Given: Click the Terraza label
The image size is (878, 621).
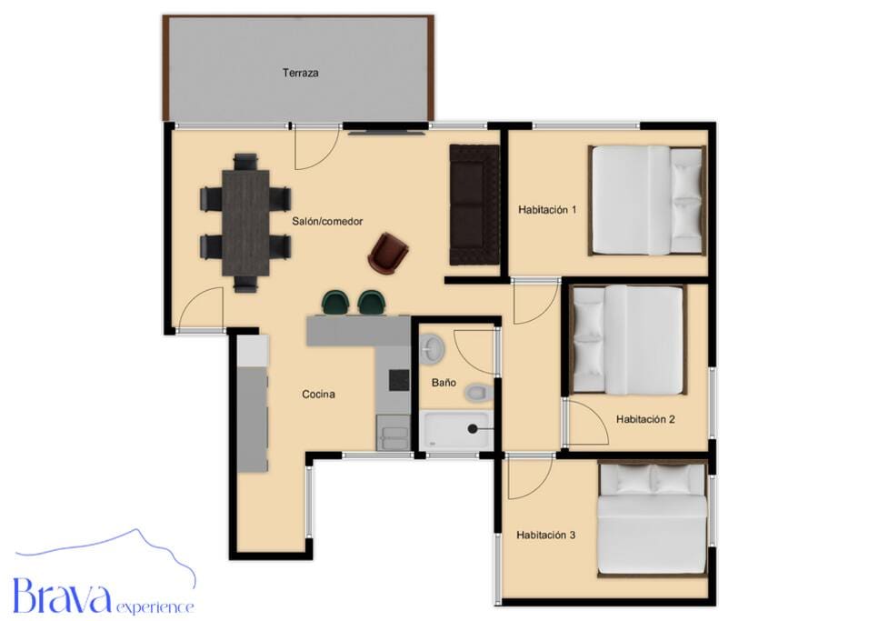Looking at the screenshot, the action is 301,73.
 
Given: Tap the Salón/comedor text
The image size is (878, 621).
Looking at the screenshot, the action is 327,221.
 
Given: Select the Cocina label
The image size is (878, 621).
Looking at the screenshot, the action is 319,395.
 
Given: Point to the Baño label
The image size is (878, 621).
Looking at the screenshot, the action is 444,383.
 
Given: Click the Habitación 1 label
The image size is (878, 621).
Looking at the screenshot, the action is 547,210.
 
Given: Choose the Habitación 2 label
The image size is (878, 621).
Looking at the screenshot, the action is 645,419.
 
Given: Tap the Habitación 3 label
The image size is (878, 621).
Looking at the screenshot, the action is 546,535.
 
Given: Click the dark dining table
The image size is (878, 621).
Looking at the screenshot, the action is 245,223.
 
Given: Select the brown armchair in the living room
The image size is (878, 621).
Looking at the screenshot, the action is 387,255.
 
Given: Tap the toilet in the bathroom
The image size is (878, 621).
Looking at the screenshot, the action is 479,392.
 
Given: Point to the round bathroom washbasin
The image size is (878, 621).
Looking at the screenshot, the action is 432,347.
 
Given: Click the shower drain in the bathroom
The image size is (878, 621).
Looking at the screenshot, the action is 473,429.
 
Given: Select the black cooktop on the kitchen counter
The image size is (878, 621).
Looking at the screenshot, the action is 399,380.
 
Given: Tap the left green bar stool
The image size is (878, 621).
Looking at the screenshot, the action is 335,303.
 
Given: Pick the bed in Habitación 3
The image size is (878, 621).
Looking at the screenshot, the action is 651,519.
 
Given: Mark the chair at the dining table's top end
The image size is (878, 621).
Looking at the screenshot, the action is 245,161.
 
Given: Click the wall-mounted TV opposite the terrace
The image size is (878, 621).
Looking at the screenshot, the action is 385,133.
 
